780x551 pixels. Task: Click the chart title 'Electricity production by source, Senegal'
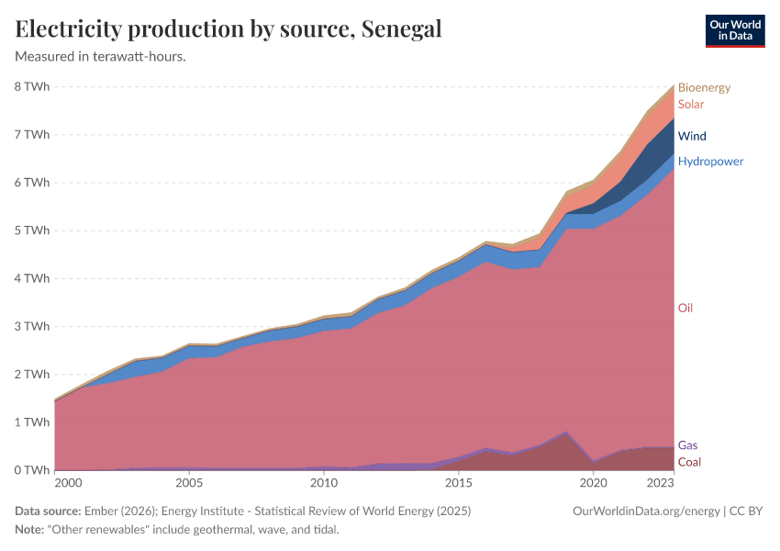pyautogui.click(x=228, y=28)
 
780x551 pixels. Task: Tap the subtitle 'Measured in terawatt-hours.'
pyautogui.click(x=101, y=57)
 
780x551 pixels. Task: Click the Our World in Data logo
pyautogui.click(x=734, y=30)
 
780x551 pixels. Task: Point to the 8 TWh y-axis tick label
pyautogui.click(x=31, y=87)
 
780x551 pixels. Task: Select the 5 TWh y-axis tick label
pyautogui.click(x=31, y=231)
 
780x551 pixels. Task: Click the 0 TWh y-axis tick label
pyautogui.click(x=31, y=470)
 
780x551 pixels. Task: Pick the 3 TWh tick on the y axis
pyautogui.click(x=31, y=326)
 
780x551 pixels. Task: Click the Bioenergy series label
pyautogui.click(x=704, y=88)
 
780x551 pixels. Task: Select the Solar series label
pyautogui.click(x=691, y=105)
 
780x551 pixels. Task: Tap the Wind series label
pyautogui.click(x=692, y=137)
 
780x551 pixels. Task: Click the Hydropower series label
pyautogui.click(x=710, y=162)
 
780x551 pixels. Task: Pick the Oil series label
pyautogui.click(x=685, y=308)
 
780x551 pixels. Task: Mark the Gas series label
pyautogui.click(x=687, y=445)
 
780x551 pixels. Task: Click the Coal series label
pyautogui.click(x=689, y=462)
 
